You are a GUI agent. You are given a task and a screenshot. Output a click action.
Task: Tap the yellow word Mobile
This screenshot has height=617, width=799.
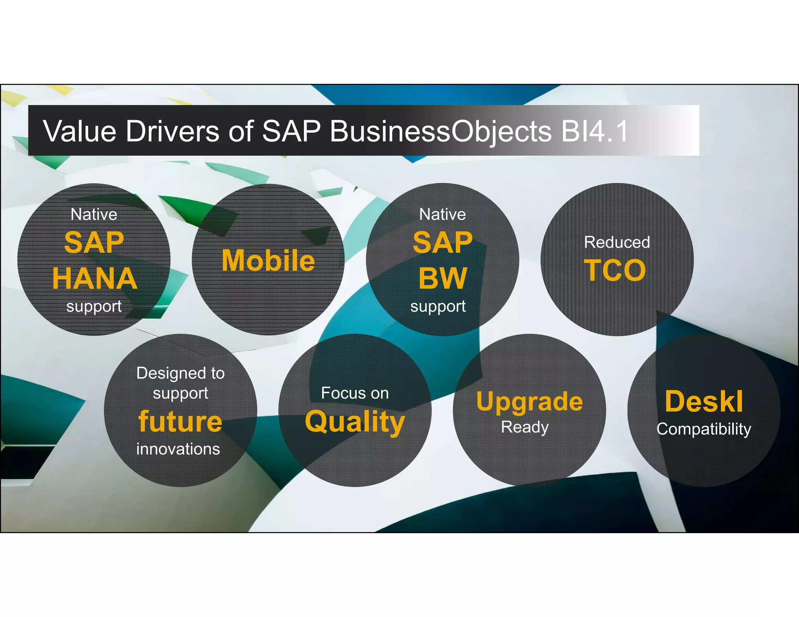268,261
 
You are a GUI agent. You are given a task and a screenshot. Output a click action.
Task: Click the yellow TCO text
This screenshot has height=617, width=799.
615,270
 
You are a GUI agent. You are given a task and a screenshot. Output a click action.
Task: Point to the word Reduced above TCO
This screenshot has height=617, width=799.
617,242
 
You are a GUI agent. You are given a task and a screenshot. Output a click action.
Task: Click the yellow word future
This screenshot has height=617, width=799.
180,422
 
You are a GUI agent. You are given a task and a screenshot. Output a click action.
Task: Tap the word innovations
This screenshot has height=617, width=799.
178,449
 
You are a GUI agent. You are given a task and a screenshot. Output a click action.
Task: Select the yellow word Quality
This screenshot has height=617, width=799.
355,422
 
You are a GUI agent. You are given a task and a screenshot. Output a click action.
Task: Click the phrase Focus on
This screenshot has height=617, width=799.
355,393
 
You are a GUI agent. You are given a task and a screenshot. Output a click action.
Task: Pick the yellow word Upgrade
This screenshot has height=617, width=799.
529,402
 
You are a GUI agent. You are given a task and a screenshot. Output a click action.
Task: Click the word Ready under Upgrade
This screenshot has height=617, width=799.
525,427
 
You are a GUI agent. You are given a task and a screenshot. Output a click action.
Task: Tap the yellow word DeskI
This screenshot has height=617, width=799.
704,401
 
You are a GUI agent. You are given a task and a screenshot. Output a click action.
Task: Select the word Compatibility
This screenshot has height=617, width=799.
704,429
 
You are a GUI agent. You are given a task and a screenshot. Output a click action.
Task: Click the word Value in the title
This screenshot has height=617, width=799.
80,131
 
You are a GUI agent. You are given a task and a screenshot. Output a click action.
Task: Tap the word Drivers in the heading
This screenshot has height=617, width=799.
172,131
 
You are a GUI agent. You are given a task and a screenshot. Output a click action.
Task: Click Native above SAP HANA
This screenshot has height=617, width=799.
94,215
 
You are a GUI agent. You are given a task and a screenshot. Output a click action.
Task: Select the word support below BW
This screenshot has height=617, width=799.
438,307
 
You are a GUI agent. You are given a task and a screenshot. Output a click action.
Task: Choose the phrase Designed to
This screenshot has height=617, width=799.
180,373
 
